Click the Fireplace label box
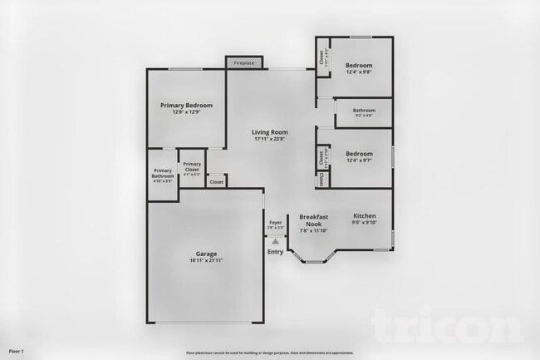[x=244, y=62]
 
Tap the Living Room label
[x=270, y=131]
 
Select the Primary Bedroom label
[x=187, y=106]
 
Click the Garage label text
[x=206, y=254]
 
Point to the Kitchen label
[x=365, y=215]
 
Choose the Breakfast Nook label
[x=314, y=220]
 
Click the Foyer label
[x=276, y=223]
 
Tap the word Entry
[x=275, y=252]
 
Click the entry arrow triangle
[x=275, y=241]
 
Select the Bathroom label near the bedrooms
[x=364, y=111]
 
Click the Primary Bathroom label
[x=163, y=173]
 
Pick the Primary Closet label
[x=192, y=167]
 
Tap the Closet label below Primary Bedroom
[x=216, y=181]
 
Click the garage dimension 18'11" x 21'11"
[x=206, y=261]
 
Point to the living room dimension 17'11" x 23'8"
[x=270, y=139]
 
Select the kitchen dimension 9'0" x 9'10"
[x=365, y=222]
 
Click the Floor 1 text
[x=17, y=352]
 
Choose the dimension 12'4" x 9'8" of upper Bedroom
[x=359, y=72]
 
